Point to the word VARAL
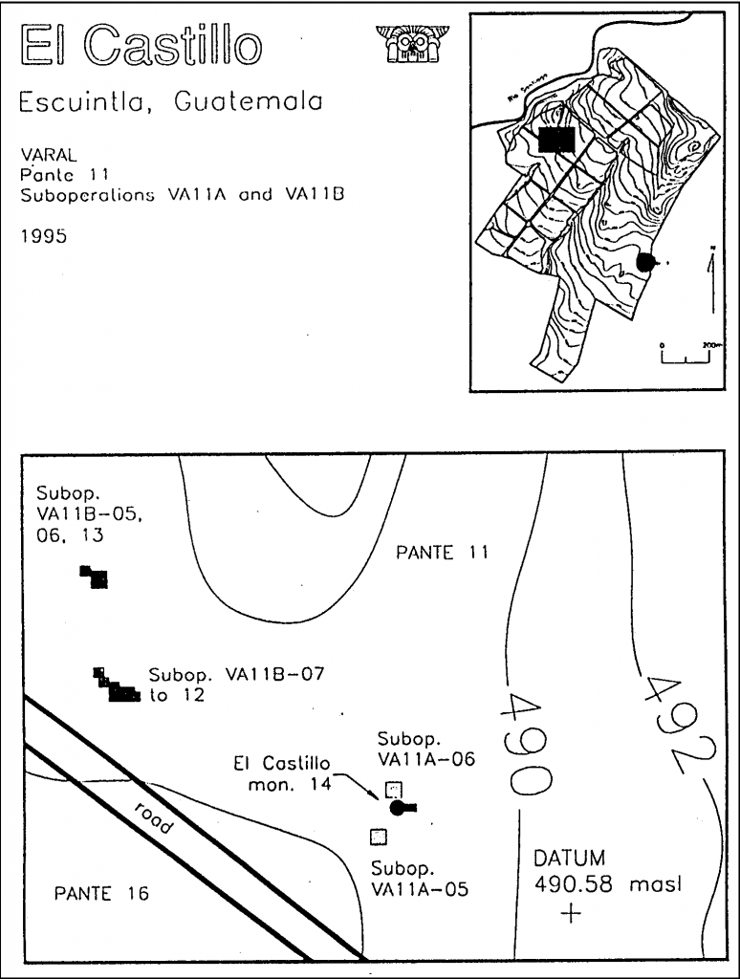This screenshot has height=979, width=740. (42, 153)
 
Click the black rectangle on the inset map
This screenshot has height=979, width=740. (556, 140)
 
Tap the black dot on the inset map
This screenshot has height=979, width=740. (645, 261)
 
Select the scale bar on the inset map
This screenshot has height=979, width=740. (686, 357)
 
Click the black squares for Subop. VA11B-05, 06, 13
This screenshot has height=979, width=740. (95, 577)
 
